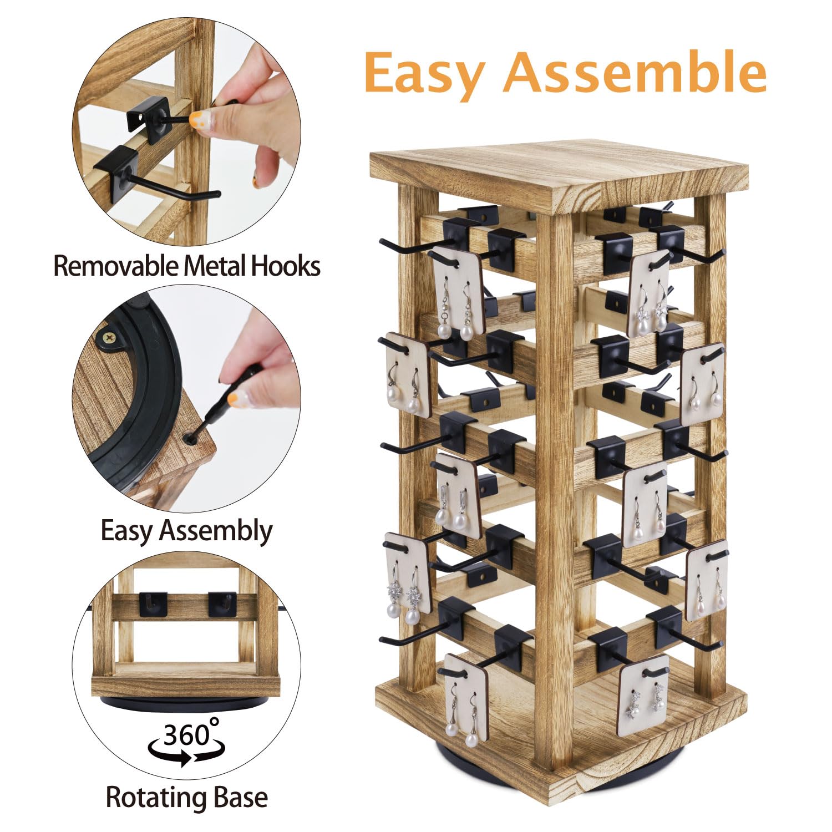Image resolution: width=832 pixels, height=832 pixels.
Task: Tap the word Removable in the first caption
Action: pos(116,266)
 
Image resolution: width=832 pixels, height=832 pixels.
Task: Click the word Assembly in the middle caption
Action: pos(216,531)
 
